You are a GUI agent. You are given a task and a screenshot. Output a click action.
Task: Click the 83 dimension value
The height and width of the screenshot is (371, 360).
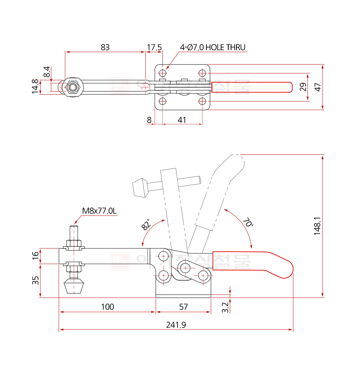(x=105, y=47)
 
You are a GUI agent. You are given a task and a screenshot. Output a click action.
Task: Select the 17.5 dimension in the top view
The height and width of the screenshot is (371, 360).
(x=154, y=47)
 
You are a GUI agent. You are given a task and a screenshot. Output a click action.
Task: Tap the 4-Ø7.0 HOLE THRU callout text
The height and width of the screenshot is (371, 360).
(x=212, y=47)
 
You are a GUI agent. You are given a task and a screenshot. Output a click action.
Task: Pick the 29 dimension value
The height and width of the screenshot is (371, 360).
(x=303, y=86)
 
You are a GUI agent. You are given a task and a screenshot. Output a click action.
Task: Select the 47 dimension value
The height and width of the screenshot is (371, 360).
(x=318, y=86)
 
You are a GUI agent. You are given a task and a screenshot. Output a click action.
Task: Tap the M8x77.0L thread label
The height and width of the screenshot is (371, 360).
(x=99, y=211)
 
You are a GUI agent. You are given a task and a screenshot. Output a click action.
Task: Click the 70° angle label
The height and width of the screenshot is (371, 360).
(x=248, y=222)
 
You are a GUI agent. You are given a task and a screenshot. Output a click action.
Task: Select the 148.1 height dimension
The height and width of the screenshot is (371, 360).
(x=317, y=226)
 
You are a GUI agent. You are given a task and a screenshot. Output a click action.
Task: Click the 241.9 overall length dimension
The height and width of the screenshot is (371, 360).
(x=176, y=325)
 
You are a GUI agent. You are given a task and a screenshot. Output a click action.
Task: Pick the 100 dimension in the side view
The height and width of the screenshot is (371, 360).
(x=107, y=307)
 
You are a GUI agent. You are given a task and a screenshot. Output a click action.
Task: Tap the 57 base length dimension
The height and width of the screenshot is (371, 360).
(x=183, y=307)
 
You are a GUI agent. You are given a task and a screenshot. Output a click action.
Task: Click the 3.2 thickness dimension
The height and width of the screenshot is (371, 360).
(x=225, y=307)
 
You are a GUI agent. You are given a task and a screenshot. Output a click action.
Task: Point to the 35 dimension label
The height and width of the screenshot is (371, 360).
(x=35, y=280)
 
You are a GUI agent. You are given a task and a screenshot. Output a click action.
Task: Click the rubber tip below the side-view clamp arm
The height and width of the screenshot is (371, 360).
(x=74, y=287)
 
